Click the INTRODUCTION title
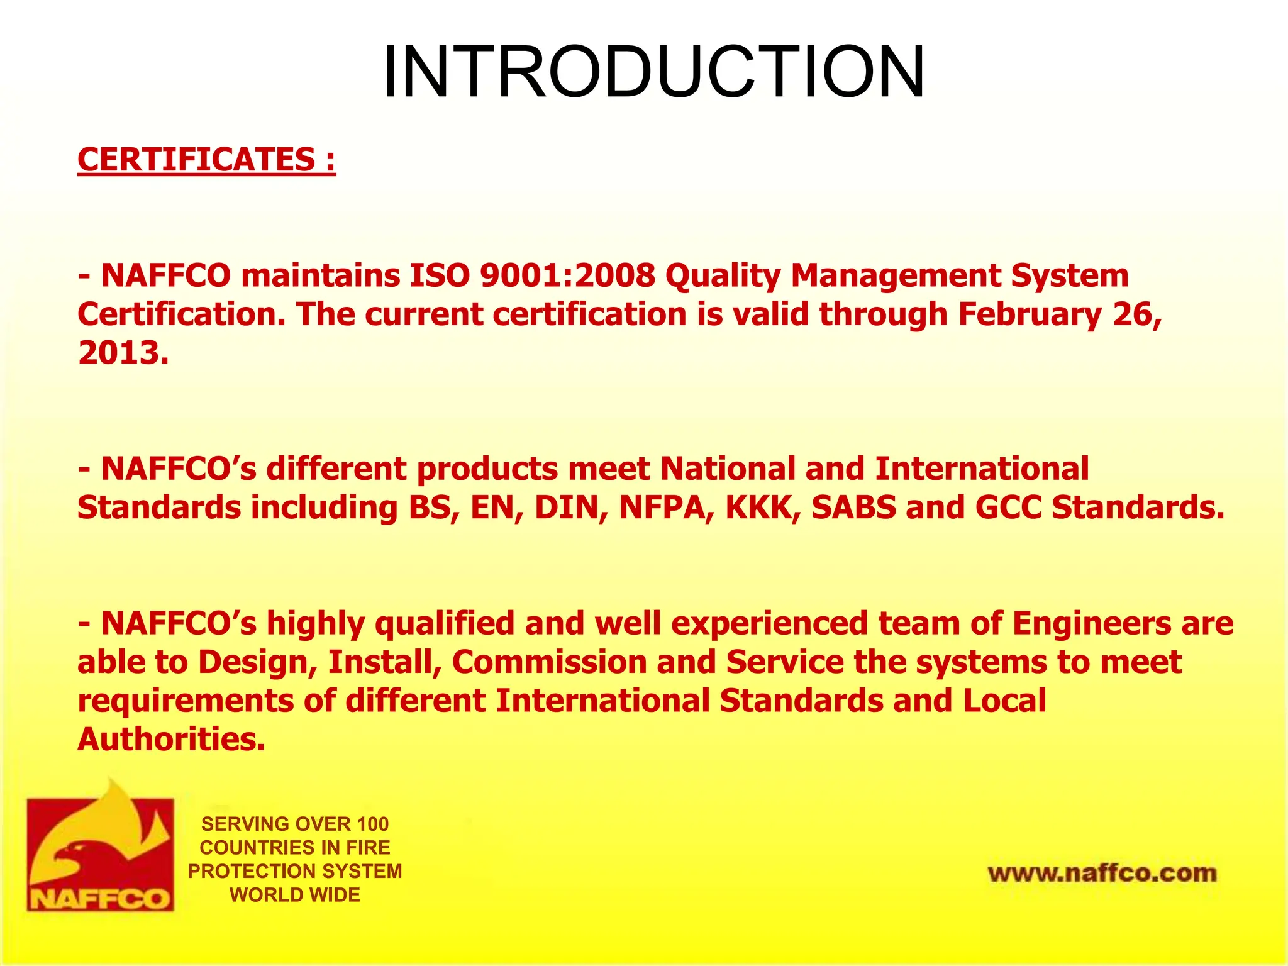click(x=653, y=72)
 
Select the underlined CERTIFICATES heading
click(x=206, y=159)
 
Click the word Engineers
click(x=1091, y=623)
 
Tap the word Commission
click(x=549, y=662)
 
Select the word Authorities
click(x=170, y=739)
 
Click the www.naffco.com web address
click(x=1102, y=873)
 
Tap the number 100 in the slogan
click(x=372, y=824)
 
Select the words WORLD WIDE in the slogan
click(x=295, y=894)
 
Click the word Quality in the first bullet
click(x=723, y=275)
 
